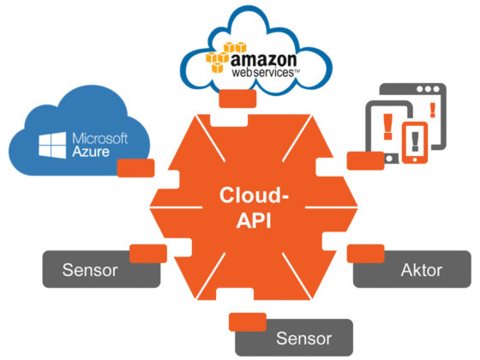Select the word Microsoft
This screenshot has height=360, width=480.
click(x=99, y=139)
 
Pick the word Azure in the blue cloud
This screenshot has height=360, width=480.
click(x=93, y=155)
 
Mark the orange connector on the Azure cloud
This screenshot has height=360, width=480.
click(x=135, y=166)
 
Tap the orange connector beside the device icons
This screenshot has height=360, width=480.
click(x=357, y=160)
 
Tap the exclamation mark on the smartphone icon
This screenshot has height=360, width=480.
click(x=414, y=140)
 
